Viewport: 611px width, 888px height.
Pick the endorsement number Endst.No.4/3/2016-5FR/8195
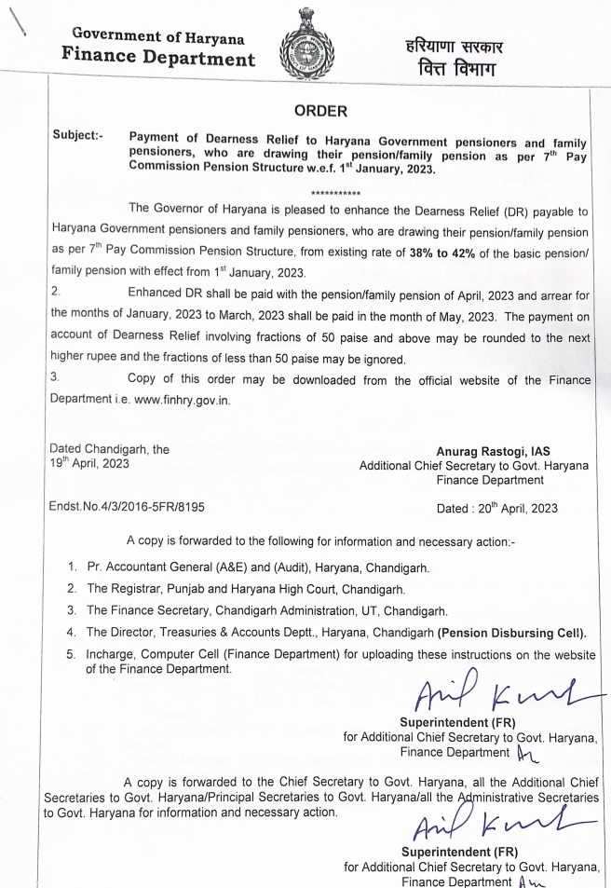coord(129,509)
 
